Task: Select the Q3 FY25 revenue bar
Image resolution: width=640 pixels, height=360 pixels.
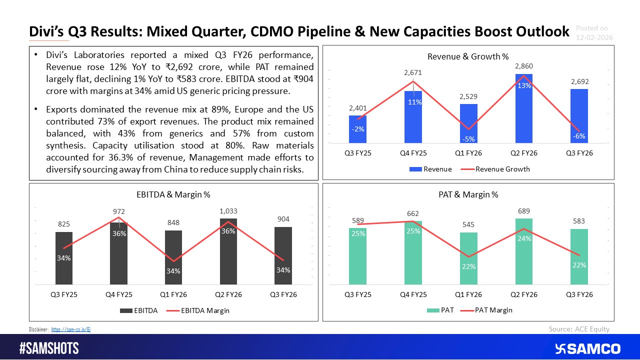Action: tap(357, 130)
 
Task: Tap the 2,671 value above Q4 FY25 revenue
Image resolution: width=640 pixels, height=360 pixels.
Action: tap(413, 73)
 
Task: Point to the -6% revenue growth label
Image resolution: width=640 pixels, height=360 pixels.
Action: tap(579, 136)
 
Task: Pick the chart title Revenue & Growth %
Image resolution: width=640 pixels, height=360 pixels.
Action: tap(469, 56)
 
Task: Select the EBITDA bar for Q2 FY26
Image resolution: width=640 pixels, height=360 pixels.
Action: tap(228, 250)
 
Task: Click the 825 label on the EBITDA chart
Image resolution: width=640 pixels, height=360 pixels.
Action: tap(63, 224)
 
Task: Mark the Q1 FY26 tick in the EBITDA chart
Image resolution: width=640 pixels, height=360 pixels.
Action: tap(173, 294)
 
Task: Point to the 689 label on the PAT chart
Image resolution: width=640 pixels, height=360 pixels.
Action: tap(524, 211)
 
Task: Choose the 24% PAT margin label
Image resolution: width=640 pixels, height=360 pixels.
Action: tap(524, 238)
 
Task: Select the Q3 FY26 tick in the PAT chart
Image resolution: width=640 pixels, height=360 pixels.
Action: tap(579, 294)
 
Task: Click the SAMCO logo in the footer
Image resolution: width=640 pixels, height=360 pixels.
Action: tap(587, 348)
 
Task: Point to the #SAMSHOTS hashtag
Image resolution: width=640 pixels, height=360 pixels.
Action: tap(48, 348)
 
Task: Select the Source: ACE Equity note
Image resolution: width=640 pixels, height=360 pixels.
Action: tap(579, 328)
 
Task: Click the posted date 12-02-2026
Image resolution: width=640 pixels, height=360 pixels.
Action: tap(594, 37)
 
